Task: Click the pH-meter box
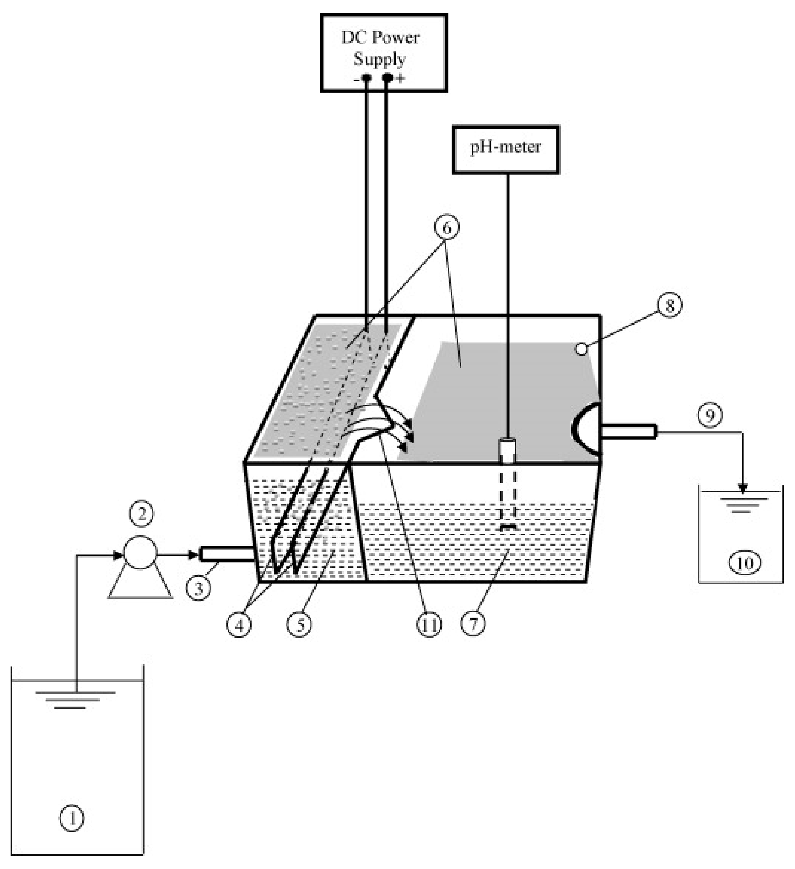505,149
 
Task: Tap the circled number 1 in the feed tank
72,817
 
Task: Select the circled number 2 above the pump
141,514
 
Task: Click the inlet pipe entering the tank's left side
226,553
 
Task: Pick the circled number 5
300,624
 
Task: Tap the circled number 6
446,227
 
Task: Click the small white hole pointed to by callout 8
582,349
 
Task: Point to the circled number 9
710,415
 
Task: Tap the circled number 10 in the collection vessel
745,563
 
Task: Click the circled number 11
429,624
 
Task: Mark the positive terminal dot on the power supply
388,78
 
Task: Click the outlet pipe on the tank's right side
628,431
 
